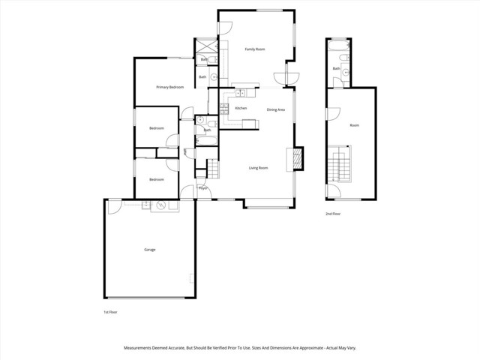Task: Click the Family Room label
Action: (x=255, y=49)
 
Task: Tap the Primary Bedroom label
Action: (x=170, y=88)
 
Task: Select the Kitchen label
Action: (x=241, y=109)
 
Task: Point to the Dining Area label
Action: (x=276, y=109)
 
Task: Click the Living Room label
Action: (x=258, y=168)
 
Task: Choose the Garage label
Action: (x=150, y=249)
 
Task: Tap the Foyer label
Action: (x=202, y=188)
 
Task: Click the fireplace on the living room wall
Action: (x=297, y=159)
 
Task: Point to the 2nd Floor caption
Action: (x=333, y=214)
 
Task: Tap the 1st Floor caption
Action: (x=110, y=311)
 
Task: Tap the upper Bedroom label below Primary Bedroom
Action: (x=156, y=128)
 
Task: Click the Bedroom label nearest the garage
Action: (x=156, y=179)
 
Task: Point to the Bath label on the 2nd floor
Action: (x=336, y=69)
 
